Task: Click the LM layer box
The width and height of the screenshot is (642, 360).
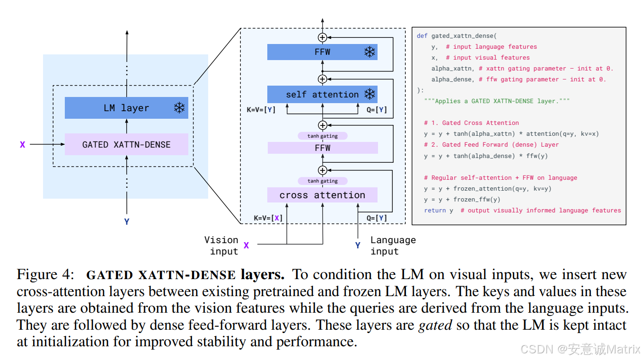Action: (126, 108)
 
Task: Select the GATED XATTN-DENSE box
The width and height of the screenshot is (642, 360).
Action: (126, 144)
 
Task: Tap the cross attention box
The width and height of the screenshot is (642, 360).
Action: (322, 195)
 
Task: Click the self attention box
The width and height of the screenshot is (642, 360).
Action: (322, 95)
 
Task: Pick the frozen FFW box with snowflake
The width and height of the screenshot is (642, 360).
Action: (322, 52)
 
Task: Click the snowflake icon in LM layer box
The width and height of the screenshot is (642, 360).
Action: (179, 108)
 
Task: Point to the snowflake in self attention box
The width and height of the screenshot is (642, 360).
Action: (369, 94)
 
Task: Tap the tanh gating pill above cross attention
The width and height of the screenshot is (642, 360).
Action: (323, 181)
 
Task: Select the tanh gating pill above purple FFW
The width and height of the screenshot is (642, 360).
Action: (323, 136)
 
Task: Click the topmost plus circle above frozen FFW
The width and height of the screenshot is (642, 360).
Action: (323, 37)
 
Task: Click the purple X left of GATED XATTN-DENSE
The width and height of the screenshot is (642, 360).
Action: (22, 144)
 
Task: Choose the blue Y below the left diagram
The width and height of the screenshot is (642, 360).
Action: (127, 221)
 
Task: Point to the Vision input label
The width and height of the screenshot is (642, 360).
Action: (221, 246)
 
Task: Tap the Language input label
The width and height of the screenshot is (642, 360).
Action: (393, 246)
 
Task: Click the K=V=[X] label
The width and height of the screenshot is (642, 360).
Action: (268, 218)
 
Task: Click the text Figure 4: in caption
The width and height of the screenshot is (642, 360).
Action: (45, 274)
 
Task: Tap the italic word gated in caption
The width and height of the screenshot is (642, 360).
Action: (435, 325)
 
